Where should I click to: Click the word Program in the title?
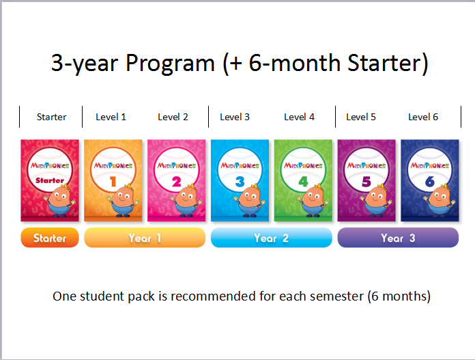[x=170, y=63]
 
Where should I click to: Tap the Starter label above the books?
[x=51, y=117]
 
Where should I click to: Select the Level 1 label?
[x=111, y=117]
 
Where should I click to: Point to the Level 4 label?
[x=299, y=117]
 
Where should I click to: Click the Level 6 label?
[x=423, y=117]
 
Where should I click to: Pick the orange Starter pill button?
[x=50, y=238]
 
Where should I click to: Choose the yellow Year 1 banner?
[x=145, y=238]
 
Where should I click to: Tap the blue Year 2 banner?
[x=271, y=238]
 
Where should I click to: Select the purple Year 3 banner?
[x=398, y=238]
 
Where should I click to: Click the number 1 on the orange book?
[x=113, y=181]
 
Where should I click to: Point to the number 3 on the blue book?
[x=240, y=181]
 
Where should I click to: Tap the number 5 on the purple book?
[x=366, y=181]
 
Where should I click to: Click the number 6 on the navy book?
[x=429, y=181]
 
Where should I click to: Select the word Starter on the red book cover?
[x=50, y=180]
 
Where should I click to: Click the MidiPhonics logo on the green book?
[x=303, y=165]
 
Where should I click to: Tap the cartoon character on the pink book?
[x=185, y=200]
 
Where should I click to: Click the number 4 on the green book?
[x=303, y=181]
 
